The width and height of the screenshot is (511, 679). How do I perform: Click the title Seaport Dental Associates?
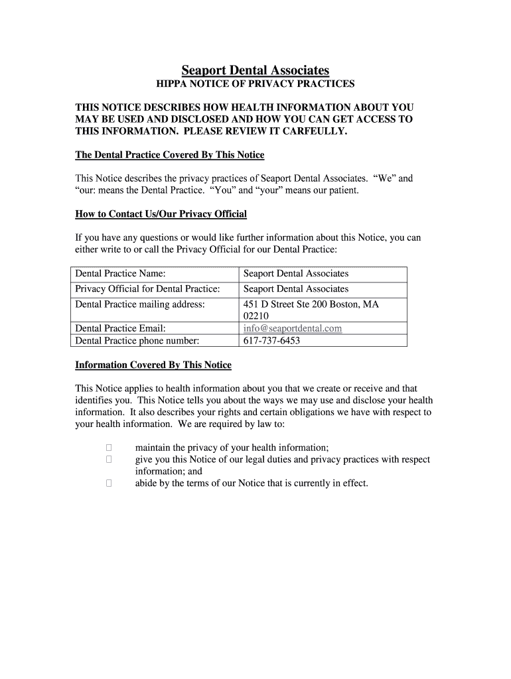point(256,70)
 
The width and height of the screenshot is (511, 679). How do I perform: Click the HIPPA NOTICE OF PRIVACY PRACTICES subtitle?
point(256,84)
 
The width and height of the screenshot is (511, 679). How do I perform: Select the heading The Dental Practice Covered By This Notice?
point(169,154)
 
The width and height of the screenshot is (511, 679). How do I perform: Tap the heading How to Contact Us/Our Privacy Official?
point(161,214)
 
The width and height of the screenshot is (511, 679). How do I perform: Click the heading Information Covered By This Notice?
point(153,365)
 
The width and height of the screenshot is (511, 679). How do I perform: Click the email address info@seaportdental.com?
point(293,328)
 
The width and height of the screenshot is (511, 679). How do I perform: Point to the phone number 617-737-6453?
point(271,340)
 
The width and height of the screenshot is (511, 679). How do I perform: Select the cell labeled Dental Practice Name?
point(120,273)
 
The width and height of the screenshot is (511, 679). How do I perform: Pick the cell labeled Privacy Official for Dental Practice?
point(147,288)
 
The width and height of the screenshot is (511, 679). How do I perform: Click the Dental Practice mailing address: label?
point(140,304)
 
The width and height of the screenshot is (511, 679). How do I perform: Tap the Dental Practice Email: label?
point(120,328)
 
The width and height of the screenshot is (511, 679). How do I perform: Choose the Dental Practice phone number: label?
point(137,340)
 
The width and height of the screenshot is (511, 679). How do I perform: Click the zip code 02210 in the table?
point(256,316)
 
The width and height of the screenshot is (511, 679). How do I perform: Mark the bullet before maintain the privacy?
point(109,448)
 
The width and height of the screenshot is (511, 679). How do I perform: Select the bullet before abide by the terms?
point(109,483)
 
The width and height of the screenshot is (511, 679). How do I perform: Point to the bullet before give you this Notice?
point(109,460)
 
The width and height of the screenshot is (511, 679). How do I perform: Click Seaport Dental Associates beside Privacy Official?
point(296,288)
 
